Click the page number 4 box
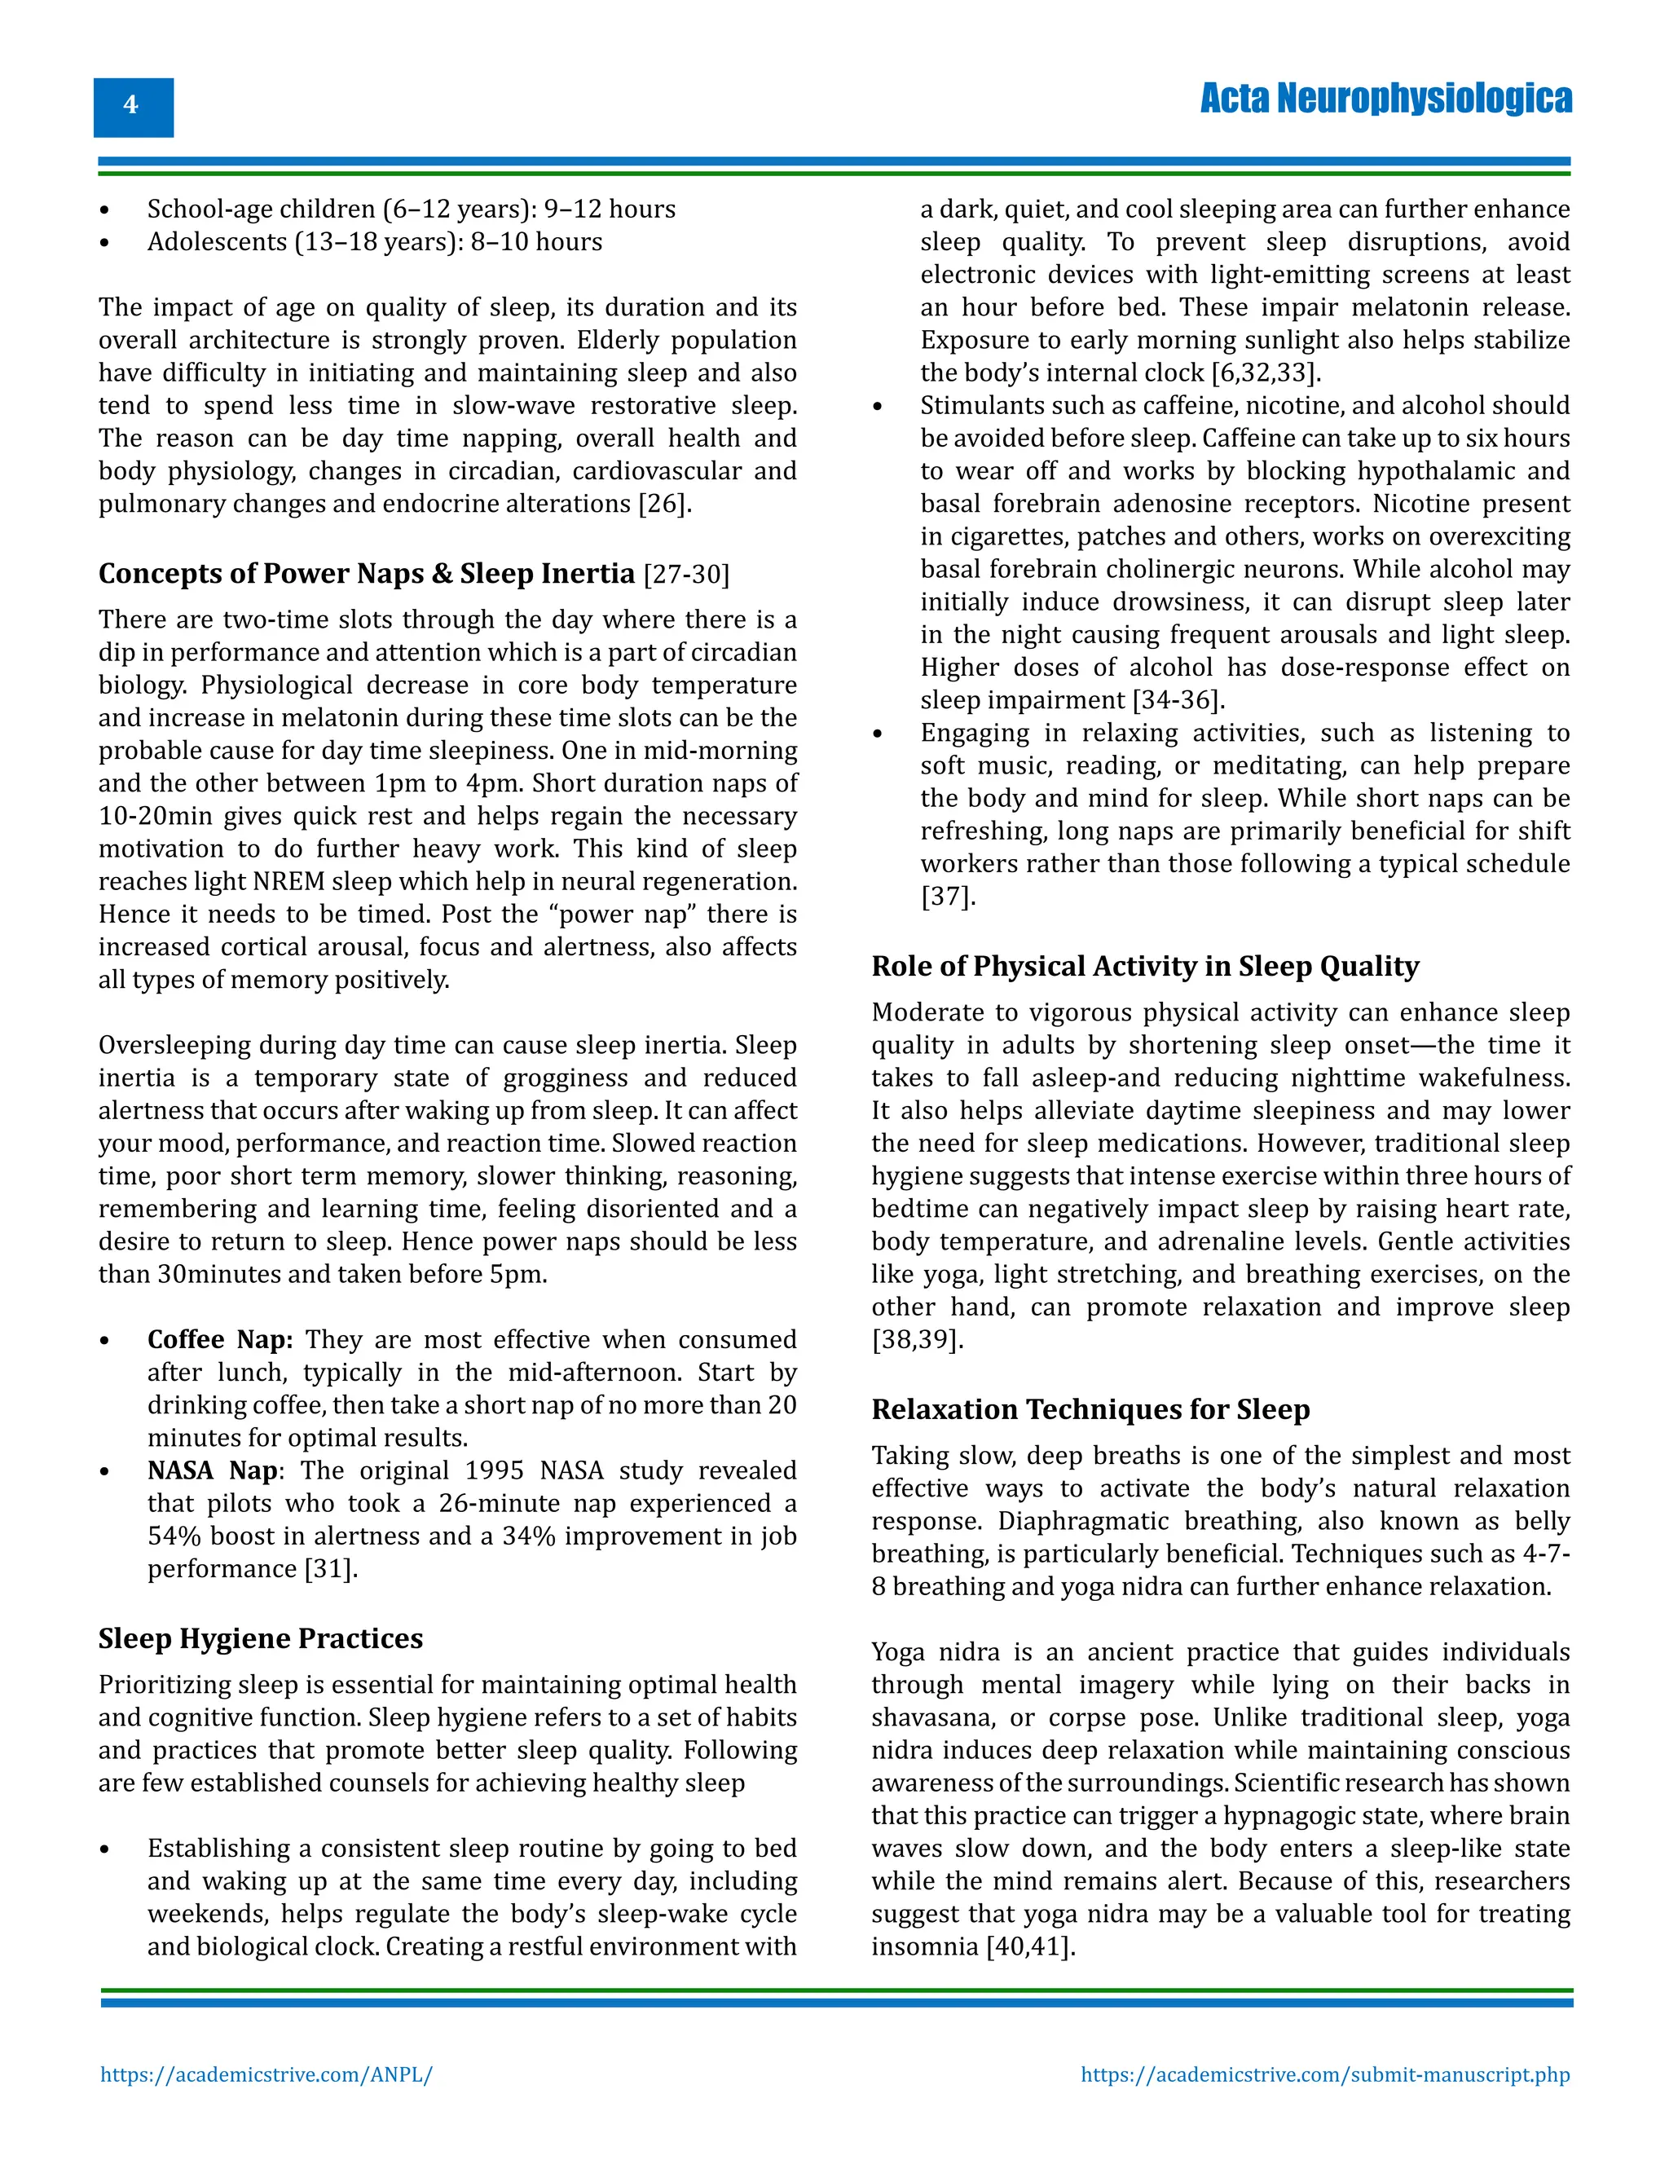(x=133, y=107)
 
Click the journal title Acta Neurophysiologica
(x=1385, y=99)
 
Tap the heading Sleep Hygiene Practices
(x=260, y=1639)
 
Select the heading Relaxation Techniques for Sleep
(x=1090, y=1409)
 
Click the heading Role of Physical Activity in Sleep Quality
(x=1144, y=966)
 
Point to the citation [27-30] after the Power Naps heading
(x=686, y=575)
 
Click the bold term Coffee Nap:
(x=219, y=1339)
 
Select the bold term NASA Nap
(x=213, y=1470)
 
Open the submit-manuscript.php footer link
(x=1324, y=2074)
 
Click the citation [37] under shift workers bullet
(x=947, y=897)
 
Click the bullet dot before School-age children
(x=105, y=210)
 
